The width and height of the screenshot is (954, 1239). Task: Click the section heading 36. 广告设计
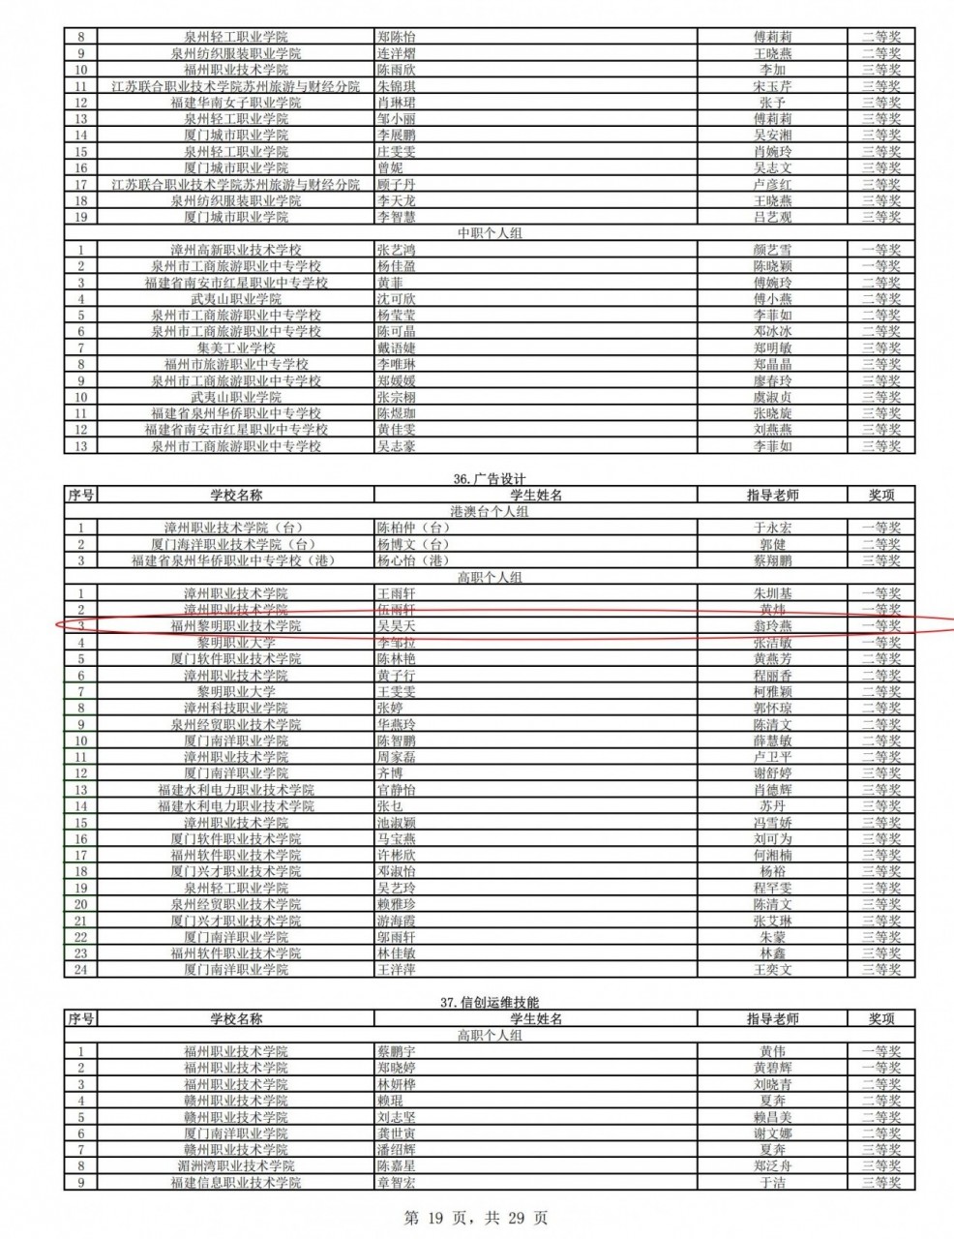(x=490, y=479)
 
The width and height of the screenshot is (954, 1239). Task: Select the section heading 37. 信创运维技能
(x=490, y=1003)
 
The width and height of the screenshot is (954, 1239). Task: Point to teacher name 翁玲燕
(x=772, y=626)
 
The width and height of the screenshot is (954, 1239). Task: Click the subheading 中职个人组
(x=490, y=233)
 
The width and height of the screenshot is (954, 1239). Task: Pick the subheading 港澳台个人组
(x=490, y=511)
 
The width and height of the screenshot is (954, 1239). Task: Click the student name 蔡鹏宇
(x=396, y=1051)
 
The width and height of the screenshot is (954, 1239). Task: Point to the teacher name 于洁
(x=772, y=1183)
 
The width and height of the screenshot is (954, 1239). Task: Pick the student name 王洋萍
(x=396, y=969)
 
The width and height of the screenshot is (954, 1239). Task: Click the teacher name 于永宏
(x=772, y=528)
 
